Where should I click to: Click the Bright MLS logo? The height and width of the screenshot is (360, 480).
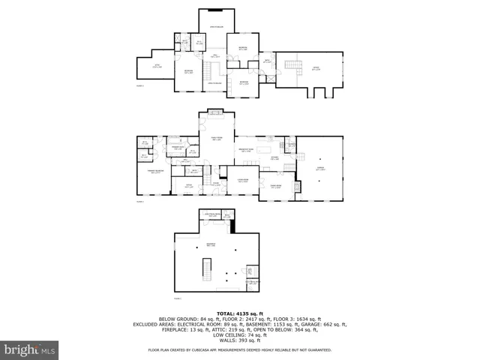pyautogui.click(x=30, y=349)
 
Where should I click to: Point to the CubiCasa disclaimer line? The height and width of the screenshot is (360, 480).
pyautogui.click(x=240, y=349)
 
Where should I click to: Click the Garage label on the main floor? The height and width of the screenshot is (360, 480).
pyautogui.click(x=320, y=169)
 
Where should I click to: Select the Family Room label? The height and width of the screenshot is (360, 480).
pyautogui.click(x=216, y=139)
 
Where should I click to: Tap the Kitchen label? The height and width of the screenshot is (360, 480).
pyautogui.click(x=275, y=158)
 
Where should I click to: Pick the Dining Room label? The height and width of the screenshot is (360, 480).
pyautogui.click(x=275, y=186)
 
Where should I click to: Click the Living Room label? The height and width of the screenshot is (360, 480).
pyautogui.click(x=243, y=181)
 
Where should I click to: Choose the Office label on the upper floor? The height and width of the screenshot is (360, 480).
pyautogui.click(x=315, y=68)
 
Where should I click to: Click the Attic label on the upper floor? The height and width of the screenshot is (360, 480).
pyautogui.click(x=157, y=66)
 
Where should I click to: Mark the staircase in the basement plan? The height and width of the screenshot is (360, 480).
pyautogui.click(x=205, y=268)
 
